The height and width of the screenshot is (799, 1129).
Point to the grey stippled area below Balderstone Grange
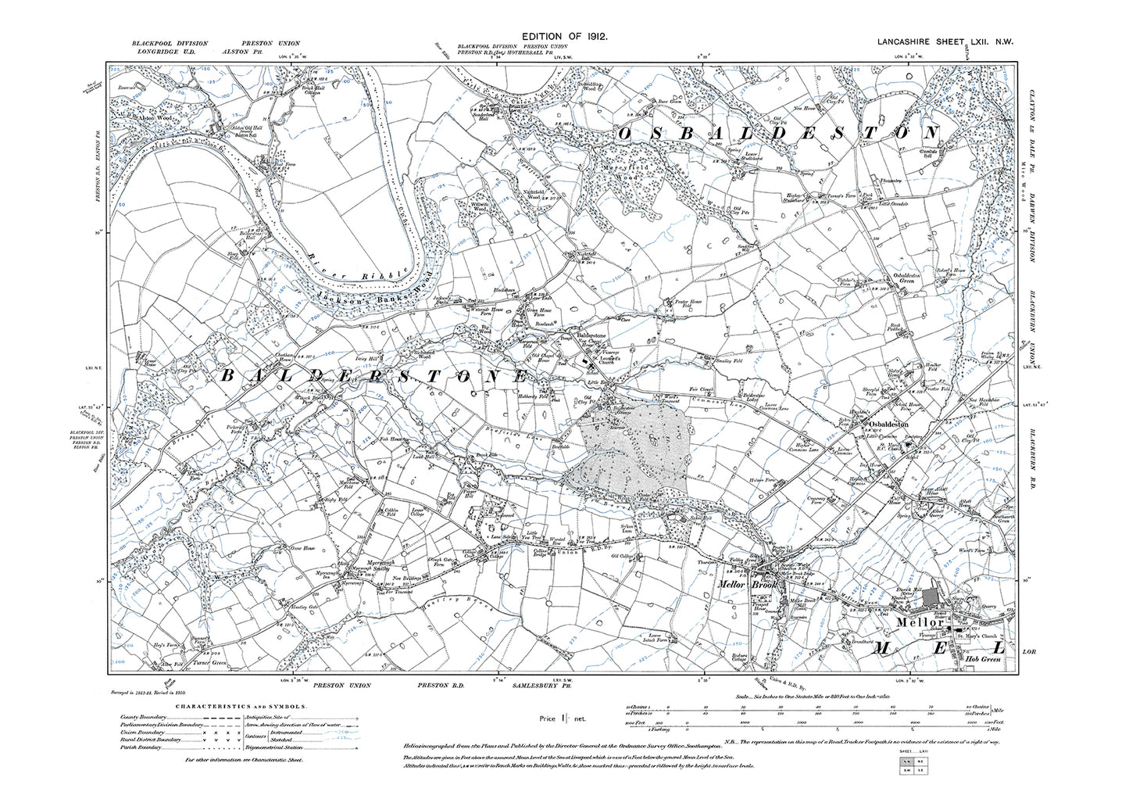[633, 453]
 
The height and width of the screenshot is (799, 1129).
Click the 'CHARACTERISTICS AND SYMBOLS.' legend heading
[241, 706]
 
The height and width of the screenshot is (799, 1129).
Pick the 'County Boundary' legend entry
[145, 717]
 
